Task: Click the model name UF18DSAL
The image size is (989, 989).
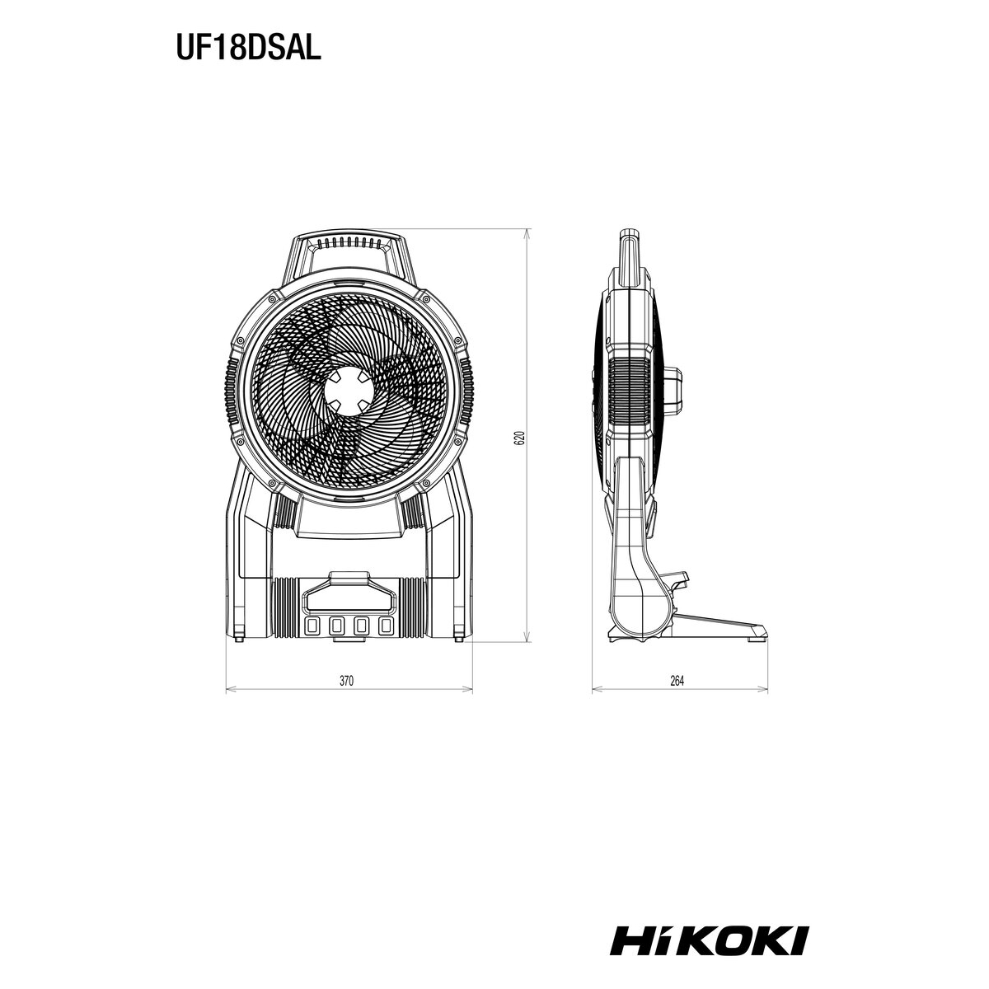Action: click(x=248, y=49)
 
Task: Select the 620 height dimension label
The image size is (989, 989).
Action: click(x=520, y=438)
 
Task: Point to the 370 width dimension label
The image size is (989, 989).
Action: click(x=346, y=681)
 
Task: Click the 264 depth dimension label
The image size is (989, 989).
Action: click(x=677, y=681)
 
